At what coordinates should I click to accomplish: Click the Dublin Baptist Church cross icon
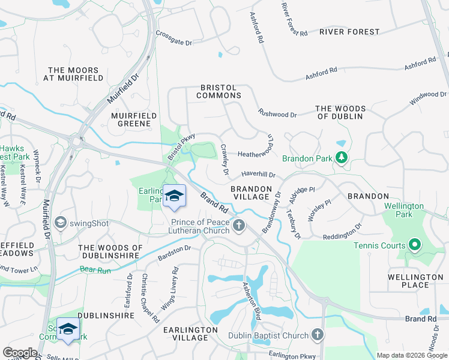(318, 335)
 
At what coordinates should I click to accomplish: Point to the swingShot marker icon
(60, 223)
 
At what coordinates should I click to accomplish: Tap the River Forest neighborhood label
(349, 31)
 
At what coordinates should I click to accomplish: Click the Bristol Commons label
(220, 91)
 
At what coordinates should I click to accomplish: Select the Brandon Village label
(251, 193)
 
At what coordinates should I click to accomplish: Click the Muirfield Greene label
(134, 119)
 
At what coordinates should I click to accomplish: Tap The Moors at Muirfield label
(74, 74)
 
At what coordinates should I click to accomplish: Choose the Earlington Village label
(190, 334)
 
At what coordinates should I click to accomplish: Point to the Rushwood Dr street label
(277, 113)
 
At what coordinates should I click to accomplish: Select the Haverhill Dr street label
(258, 175)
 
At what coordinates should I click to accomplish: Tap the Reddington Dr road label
(342, 231)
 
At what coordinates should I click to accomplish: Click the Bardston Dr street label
(174, 253)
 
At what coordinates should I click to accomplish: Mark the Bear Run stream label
(95, 270)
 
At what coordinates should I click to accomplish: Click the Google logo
(20, 353)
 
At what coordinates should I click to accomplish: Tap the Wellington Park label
(404, 210)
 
